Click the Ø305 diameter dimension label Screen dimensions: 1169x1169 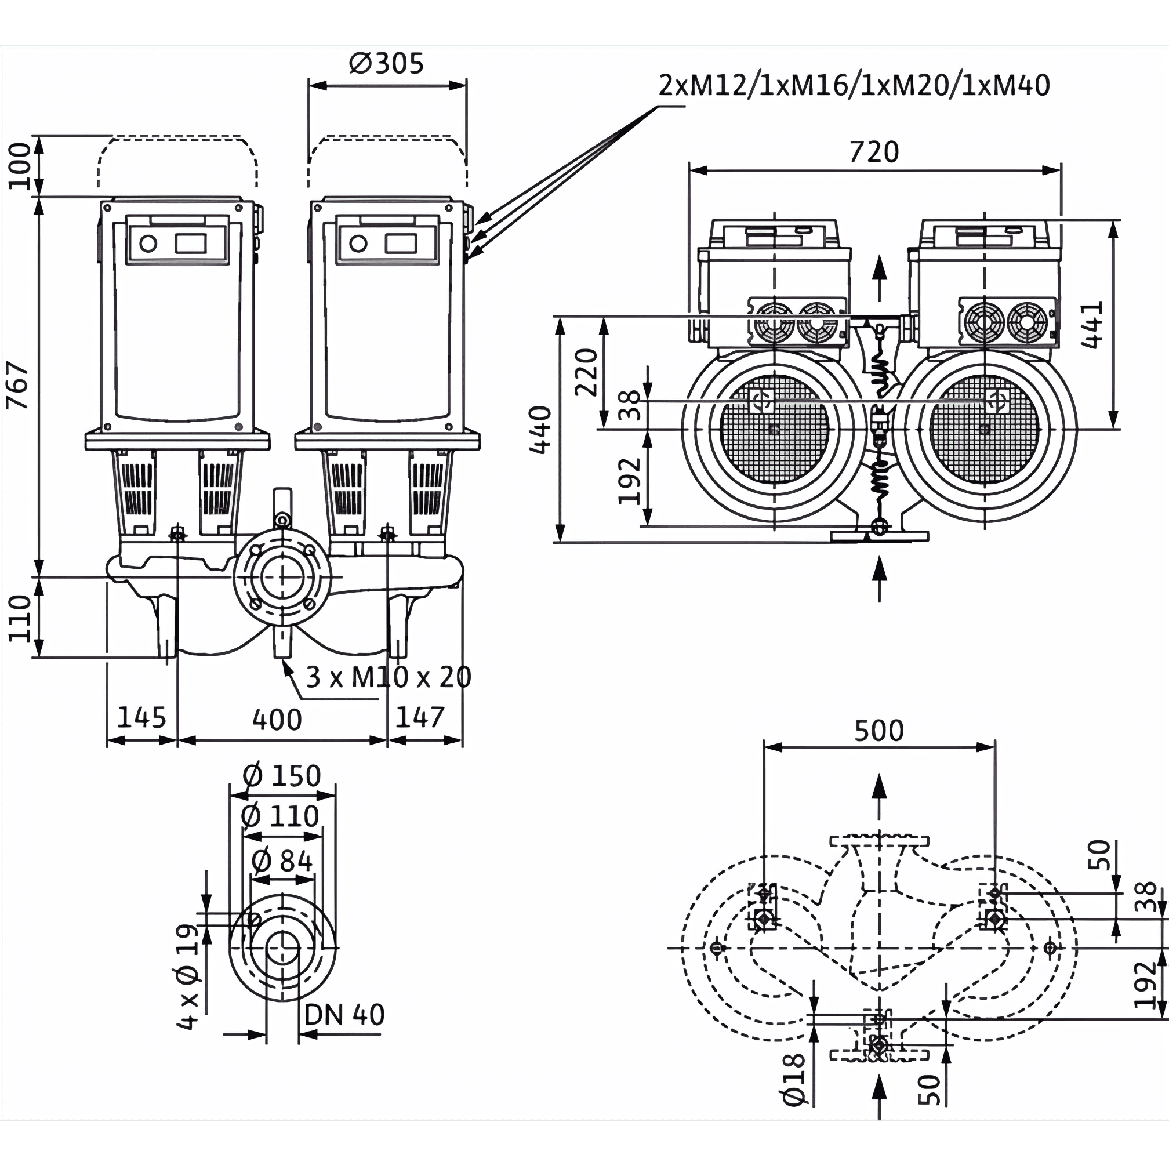pyautogui.click(x=387, y=64)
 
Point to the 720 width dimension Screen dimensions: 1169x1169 pyautogui.click(x=874, y=152)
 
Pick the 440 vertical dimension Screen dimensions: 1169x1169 pyautogui.click(x=540, y=430)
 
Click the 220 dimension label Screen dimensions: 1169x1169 pyautogui.click(x=586, y=372)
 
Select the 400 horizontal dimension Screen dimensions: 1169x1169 pyautogui.click(x=277, y=720)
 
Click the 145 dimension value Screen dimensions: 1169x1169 pyautogui.click(x=141, y=718)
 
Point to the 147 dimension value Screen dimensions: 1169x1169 pyautogui.click(x=420, y=718)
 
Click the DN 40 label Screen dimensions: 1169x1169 pyautogui.click(x=344, y=1015)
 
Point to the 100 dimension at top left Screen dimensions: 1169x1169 pyautogui.click(x=20, y=166)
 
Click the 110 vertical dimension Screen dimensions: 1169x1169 pyautogui.click(x=20, y=618)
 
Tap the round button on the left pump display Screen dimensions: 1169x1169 pyautogui.click(x=148, y=244)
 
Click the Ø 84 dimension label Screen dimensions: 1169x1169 pyautogui.click(x=281, y=861)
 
